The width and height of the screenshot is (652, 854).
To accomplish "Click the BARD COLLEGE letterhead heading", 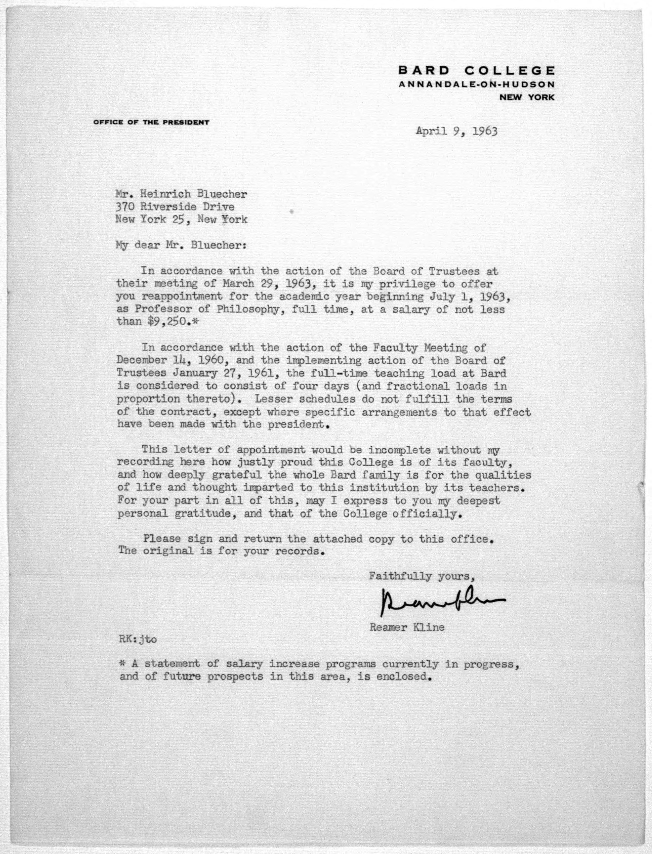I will pyautogui.click(x=476, y=71).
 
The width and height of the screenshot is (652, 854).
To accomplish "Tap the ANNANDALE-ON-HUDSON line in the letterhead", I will pyautogui.click(x=476, y=84).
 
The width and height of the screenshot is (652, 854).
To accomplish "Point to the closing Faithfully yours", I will pyautogui.click(x=422, y=576).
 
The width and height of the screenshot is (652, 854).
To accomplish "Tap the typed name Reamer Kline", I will pyautogui.click(x=407, y=627).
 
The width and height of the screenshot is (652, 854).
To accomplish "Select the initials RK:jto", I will pyautogui.click(x=138, y=639).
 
